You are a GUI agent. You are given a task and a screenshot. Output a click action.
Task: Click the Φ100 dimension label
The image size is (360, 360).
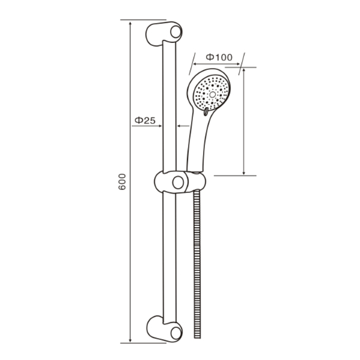219,57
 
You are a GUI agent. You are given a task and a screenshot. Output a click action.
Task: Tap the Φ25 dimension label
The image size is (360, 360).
145,120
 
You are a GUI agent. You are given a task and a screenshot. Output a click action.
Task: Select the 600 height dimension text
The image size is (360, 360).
122,181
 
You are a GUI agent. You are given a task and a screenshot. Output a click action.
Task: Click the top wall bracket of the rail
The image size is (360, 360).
163,34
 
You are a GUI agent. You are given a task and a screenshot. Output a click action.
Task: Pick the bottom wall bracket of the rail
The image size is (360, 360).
163,329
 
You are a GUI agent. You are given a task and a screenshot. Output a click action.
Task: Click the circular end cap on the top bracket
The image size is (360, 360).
176,32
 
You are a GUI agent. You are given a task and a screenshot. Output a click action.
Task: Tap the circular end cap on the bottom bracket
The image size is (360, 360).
176,333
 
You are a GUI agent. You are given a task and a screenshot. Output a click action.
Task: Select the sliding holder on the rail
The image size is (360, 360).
180,182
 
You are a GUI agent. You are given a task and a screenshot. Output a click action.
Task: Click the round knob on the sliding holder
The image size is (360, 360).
178,182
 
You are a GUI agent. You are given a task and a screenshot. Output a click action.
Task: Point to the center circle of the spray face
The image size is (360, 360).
212,94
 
